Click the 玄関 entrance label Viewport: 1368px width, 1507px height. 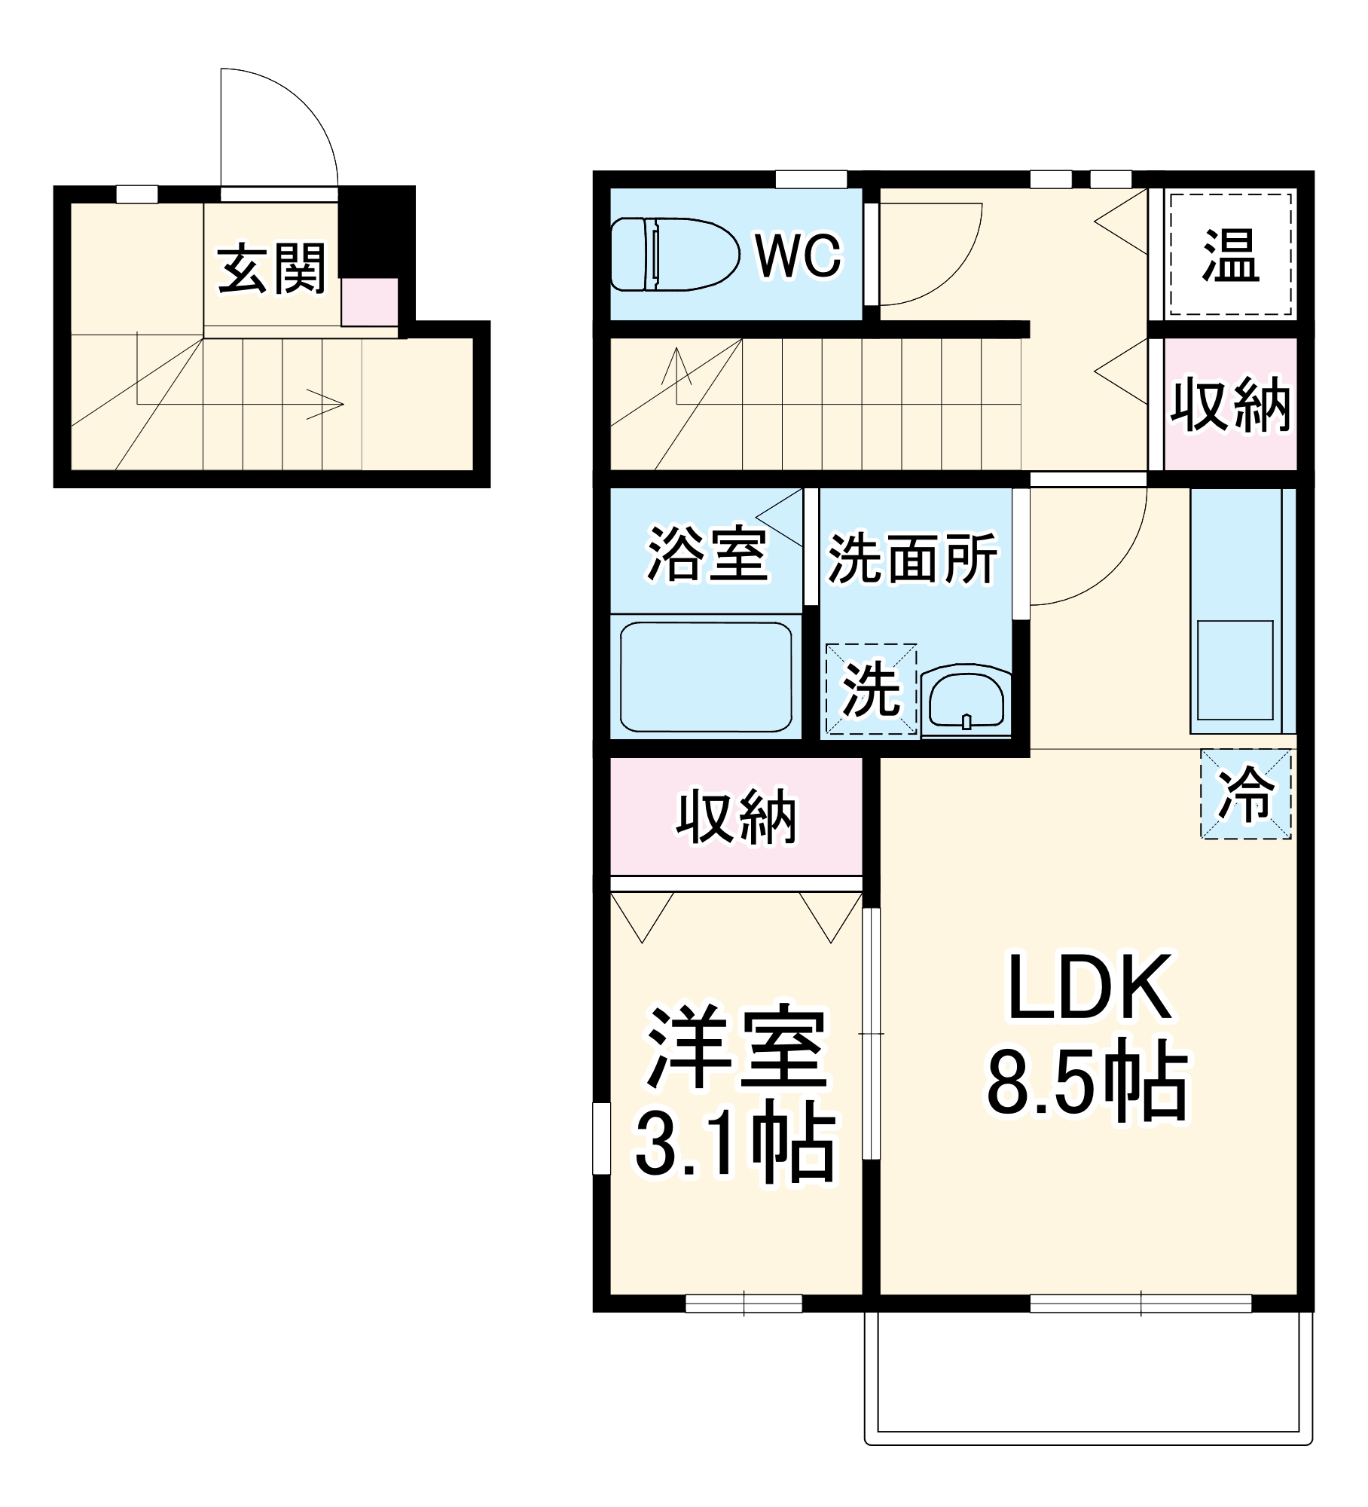[271, 268]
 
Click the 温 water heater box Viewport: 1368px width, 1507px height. [1229, 255]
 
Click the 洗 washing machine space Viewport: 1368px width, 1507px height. [871, 689]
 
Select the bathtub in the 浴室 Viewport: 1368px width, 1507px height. [705, 676]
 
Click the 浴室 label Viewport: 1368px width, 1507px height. [707, 554]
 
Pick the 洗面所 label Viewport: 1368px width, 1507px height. [912, 558]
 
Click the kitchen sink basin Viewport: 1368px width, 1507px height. [1235, 669]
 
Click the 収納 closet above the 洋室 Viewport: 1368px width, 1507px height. [736, 817]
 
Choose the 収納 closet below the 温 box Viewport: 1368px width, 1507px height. [1230, 405]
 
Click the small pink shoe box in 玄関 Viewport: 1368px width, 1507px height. [369, 302]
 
